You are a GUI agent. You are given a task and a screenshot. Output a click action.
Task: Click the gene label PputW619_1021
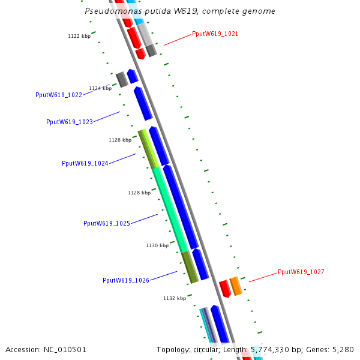click(215, 34)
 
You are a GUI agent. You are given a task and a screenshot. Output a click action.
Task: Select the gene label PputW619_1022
click(59, 95)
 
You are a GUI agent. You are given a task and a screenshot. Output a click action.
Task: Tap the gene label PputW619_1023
click(70, 122)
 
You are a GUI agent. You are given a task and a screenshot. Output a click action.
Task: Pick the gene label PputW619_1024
click(85, 163)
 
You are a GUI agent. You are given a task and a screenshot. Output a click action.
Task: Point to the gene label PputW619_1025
click(107, 223)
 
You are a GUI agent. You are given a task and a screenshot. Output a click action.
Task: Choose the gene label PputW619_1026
click(126, 280)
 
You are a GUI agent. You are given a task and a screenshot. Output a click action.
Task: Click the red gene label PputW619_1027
click(301, 272)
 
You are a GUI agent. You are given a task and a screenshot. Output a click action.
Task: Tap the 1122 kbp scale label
click(79, 37)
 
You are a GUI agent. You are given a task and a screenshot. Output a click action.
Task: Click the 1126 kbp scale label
click(120, 140)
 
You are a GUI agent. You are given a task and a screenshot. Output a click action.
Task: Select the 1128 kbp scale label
click(139, 193)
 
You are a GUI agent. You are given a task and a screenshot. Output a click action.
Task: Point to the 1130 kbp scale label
click(157, 245)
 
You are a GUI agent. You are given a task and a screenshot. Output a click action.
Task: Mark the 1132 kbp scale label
click(175, 298)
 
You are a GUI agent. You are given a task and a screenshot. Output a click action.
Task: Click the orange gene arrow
click(236, 286)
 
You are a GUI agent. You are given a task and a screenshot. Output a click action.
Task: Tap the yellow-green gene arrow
click(148, 148)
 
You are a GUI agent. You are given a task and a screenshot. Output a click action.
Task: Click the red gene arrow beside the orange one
click(225, 289)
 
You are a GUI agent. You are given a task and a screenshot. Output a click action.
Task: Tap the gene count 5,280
click(343, 349)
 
